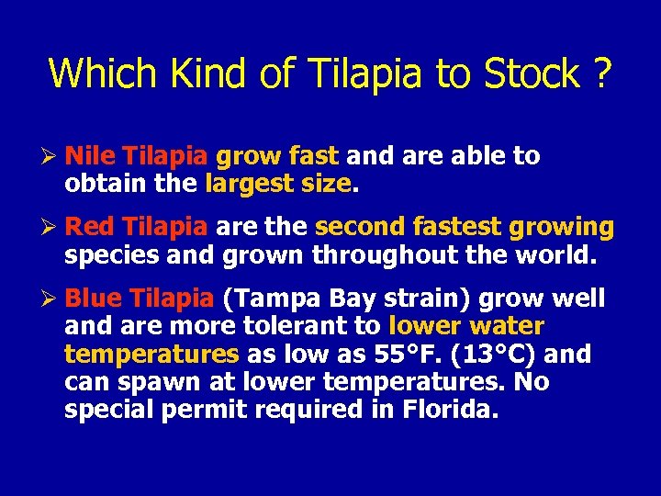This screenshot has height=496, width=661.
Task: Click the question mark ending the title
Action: (x=600, y=73)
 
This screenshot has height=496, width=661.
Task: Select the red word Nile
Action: (x=91, y=156)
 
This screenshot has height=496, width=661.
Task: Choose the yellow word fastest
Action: (x=454, y=227)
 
